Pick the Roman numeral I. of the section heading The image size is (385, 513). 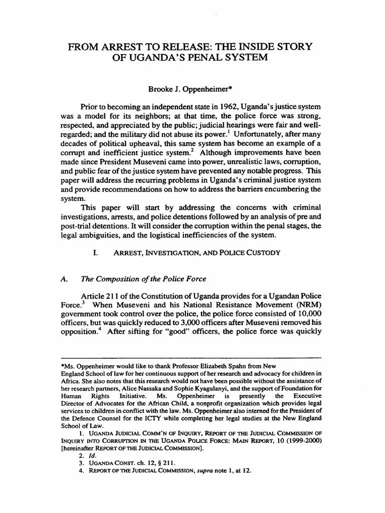pos(95,253)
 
